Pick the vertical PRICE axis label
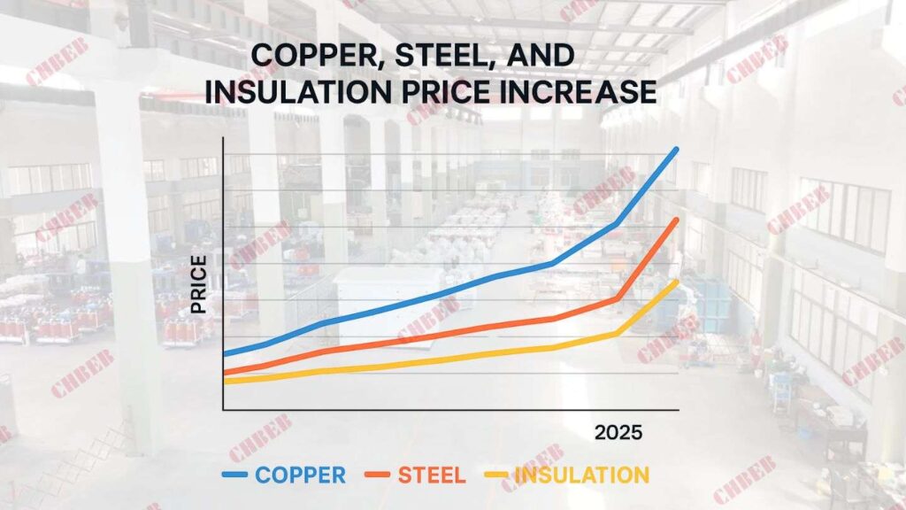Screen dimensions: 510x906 point(199,283)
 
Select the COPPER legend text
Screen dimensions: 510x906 point(300,475)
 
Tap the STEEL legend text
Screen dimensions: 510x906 point(431,475)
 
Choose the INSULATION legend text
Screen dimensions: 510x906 point(581,475)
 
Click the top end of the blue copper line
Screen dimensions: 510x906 point(677,149)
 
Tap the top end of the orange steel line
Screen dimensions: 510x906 point(677,219)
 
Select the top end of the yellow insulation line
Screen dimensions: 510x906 point(677,282)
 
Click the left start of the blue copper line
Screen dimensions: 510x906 point(226,354)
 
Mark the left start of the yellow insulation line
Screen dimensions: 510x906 point(226,382)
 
